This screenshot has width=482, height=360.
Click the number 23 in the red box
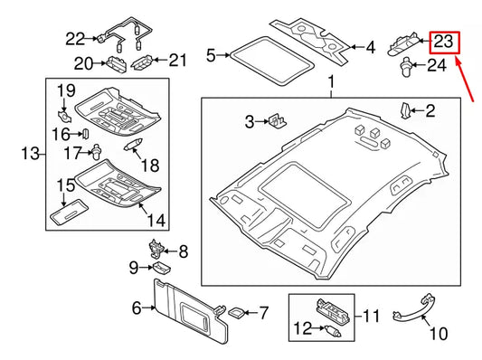[x=444, y=42]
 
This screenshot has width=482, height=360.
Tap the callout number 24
[x=437, y=65]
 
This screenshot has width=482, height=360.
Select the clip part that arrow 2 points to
[x=405, y=110]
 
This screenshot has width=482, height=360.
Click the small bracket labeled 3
[x=278, y=120]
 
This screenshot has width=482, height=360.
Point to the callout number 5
[x=211, y=56]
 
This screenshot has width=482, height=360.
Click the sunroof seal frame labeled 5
[x=271, y=61]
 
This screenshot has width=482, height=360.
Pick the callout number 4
[x=371, y=48]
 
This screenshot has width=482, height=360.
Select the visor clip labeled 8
[x=156, y=249]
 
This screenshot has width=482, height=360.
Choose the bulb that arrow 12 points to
[x=332, y=330]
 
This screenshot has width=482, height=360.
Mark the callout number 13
[x=31, y=154]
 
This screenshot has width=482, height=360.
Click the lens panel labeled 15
[x=69, y=213]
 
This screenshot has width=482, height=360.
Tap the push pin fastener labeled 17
[x=96, y=152]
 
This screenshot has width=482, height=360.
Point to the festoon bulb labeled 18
[x=133, y=144]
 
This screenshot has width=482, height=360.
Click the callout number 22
[x=75, y=39]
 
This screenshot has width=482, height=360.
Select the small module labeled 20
[x=116, y=63]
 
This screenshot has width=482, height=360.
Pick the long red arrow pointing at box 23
[x=466, y=81]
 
